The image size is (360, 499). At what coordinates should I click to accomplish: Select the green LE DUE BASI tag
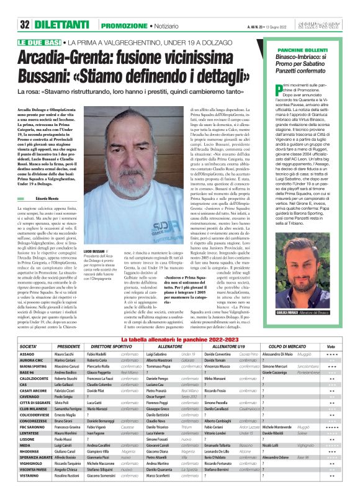(x=35, y=41)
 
